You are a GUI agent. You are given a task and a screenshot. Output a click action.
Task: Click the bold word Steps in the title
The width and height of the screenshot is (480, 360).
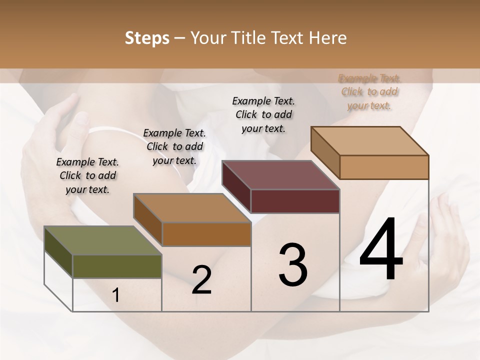click(147, 38)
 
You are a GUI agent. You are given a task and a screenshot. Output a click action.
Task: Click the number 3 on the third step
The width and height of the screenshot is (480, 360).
click(293, 265)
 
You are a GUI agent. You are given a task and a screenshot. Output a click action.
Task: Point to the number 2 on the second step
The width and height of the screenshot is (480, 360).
click(201, 280)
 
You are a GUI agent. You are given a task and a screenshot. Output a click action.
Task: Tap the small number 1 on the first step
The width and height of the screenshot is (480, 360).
click(116, 295)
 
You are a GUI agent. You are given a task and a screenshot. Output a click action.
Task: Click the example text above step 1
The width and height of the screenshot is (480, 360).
click(87, 175)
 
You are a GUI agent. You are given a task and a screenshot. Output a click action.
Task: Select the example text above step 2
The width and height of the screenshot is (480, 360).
click(174, 146)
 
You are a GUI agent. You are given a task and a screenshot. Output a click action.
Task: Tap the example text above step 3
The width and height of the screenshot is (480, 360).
click(263, 114)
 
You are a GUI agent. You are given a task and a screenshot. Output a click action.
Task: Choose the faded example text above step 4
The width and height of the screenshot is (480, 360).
click(369, 91)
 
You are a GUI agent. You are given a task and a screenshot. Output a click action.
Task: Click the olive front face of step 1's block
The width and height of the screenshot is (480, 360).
click(117, 266)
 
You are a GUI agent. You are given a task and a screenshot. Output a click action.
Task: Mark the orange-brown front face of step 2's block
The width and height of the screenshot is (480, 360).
click(206, 234)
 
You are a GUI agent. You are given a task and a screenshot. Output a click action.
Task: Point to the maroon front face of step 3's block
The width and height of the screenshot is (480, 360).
click(295, 201)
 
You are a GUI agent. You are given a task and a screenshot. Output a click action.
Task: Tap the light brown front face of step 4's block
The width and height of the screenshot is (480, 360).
click(384, 167)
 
